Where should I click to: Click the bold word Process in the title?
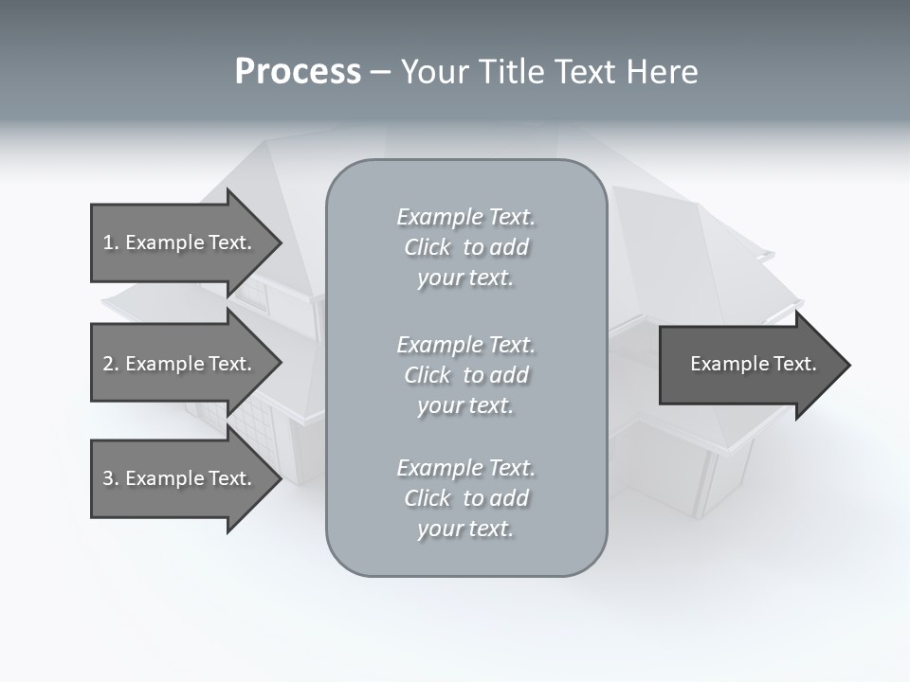click(x=298, y=72)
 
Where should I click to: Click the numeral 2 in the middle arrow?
click(x=108, y=364)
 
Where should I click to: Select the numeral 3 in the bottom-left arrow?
click(x=108, y=478)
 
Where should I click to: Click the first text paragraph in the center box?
click(x=465, y=247)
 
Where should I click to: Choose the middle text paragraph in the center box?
click(x=465, y=375)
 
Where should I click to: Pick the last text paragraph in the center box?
click(x=465, y=498)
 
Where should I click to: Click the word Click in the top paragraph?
click(x=428, y=247)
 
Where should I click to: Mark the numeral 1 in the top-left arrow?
click(x=108, y=242)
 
